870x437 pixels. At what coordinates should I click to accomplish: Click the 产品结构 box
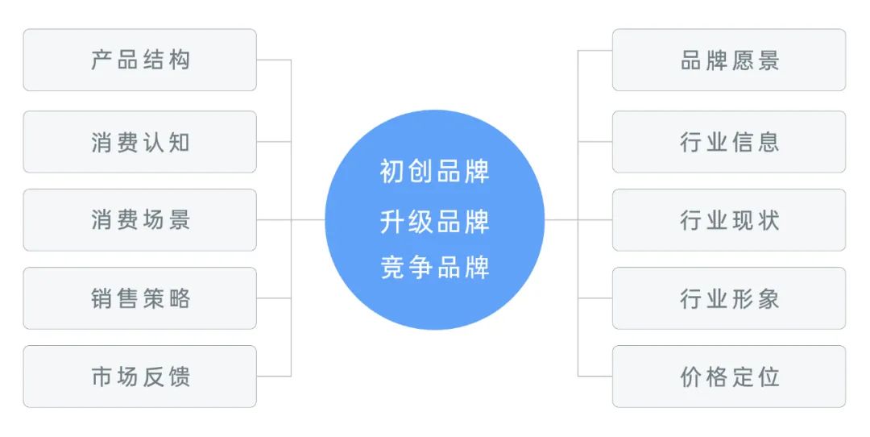pos(139,60)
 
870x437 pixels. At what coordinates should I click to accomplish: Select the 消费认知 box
pos(139,142)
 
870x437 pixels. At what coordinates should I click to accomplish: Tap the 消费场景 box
pos(139,220)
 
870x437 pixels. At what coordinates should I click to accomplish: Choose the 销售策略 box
pos(139,298)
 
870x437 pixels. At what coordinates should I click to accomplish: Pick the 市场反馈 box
pos(139,377)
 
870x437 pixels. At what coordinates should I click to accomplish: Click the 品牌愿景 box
pos(729,60)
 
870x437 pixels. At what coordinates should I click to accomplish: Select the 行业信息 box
pos(729,142)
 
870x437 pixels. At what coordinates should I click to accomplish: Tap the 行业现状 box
pos(729,220)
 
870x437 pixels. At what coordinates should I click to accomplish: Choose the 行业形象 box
pos(729,298)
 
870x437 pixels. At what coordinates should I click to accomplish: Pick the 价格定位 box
pos(729,377)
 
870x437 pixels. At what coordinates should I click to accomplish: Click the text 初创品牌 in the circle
pos(434,171)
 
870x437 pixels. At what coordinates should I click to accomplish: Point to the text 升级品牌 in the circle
pos(434,221)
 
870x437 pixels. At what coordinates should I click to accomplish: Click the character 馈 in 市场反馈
pos(179,377)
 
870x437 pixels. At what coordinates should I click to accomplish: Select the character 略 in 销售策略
pos(179,298)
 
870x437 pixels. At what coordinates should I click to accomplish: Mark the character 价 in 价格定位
pos(691,377)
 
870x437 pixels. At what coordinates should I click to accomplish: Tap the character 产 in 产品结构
pos(101,60)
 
